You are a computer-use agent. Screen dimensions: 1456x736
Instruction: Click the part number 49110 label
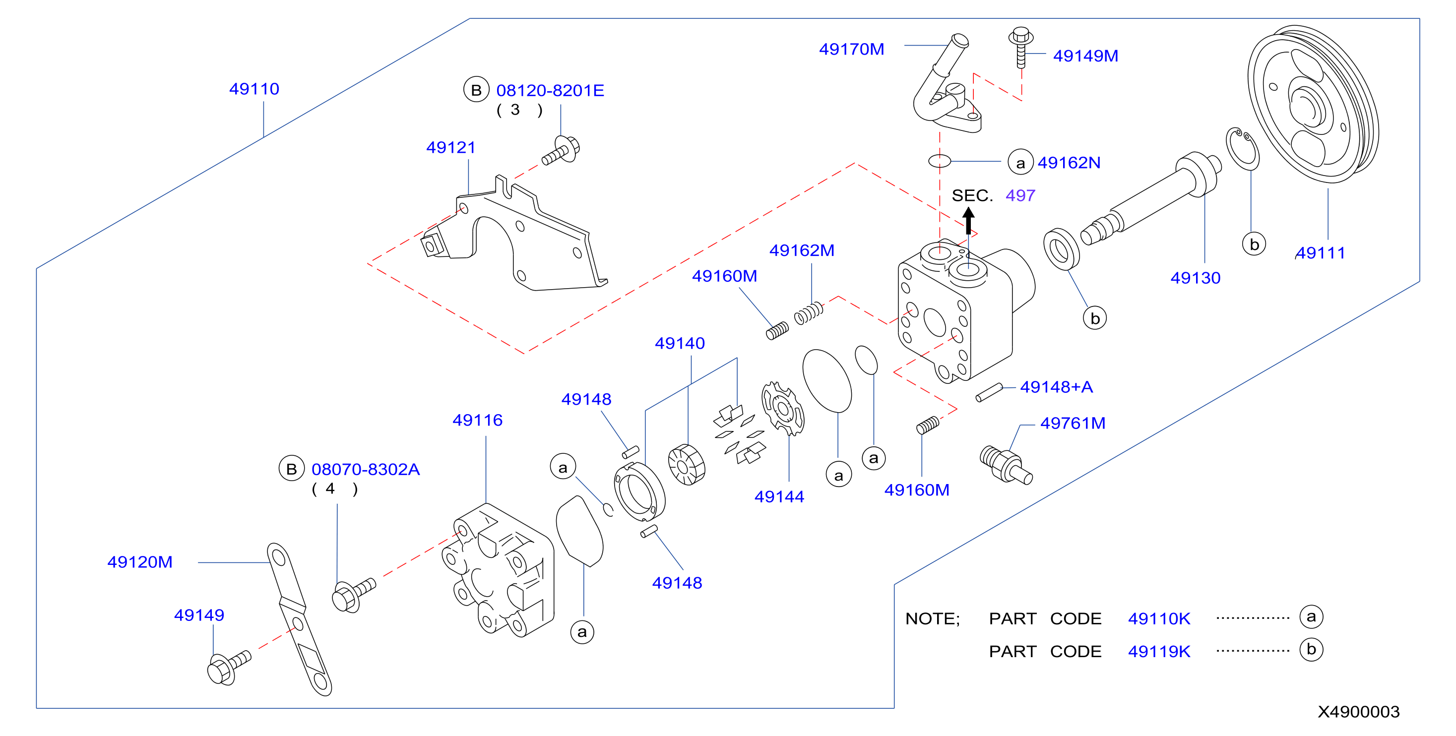pyautogui.click(x=254, y=89)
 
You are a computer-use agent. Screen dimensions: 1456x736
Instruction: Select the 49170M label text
pyautogui.click(x=851, y=49)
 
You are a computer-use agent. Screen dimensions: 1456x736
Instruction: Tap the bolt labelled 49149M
pyautogui.click(x=1021, y=47)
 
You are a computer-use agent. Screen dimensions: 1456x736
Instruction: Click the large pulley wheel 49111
pyautogui.click(x=1313, y=104)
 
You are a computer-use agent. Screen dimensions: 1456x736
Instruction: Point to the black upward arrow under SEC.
pyautogui.click(x=968, y=221)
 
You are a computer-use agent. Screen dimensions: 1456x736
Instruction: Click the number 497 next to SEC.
pyautogui.click(x=1020, y=195)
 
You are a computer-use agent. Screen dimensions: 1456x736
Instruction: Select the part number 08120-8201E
pyautogui.click(x=550, y=90)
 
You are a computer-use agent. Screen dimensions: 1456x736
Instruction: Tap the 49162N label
pyautogui.click(x=1069, y=163)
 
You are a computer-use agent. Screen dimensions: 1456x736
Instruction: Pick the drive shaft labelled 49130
pyautogui.click(x=1151, y=198)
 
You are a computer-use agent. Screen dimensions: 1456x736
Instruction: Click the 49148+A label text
pyautogui.click(x=1056, y=387)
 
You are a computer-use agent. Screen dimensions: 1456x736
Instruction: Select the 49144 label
pyautogui.click(x=779, y=497)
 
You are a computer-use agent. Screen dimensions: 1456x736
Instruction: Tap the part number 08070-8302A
pyautogui.click(x=365, y=470)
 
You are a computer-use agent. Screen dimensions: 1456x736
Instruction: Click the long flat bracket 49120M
pyautogui.click(x=299, y=619)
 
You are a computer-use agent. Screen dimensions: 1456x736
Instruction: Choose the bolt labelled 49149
pyautogui.click(x=229, y=668)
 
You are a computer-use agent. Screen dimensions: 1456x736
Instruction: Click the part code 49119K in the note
pyautogui.click(x=1159, y=652)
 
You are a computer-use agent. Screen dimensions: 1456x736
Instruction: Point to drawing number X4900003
pyautogui.click(x=1358, y=712)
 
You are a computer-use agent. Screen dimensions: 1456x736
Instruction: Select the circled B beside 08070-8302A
pyautogui.click(x=291, y=469)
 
